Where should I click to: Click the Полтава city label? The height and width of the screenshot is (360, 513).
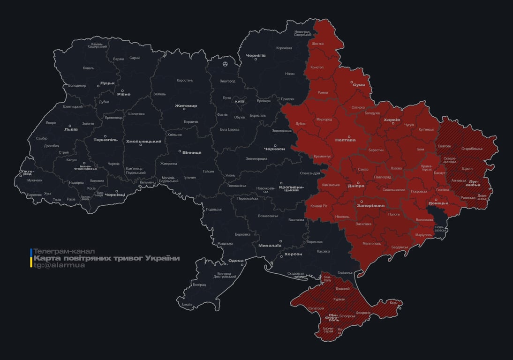point(345,140)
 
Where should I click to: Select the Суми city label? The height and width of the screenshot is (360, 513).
point(359,85)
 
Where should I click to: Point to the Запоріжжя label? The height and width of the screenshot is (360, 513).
point(370,205)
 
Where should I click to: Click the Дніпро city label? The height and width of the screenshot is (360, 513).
point(356,186)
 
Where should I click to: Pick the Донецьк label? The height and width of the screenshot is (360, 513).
point(438,203)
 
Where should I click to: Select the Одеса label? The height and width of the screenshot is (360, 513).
point(236,261)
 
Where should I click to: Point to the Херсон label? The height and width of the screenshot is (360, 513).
point(294,254)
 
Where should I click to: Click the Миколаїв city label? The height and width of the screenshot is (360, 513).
point(270,245)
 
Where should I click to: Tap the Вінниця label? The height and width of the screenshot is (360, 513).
point(192,152)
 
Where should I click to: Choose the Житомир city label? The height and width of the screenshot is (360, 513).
point(186,105)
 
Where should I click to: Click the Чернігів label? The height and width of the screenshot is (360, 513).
point(256,55)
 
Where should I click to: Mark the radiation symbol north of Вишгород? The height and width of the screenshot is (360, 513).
point(226,63)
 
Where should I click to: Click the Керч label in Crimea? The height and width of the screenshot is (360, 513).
point(393,303)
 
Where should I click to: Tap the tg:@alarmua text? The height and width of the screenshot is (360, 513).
point(59,265)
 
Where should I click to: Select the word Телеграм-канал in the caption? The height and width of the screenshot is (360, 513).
point(64,251)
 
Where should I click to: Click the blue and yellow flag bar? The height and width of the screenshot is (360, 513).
point(31,258)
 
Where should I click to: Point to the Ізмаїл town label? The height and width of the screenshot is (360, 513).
point(187,305)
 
